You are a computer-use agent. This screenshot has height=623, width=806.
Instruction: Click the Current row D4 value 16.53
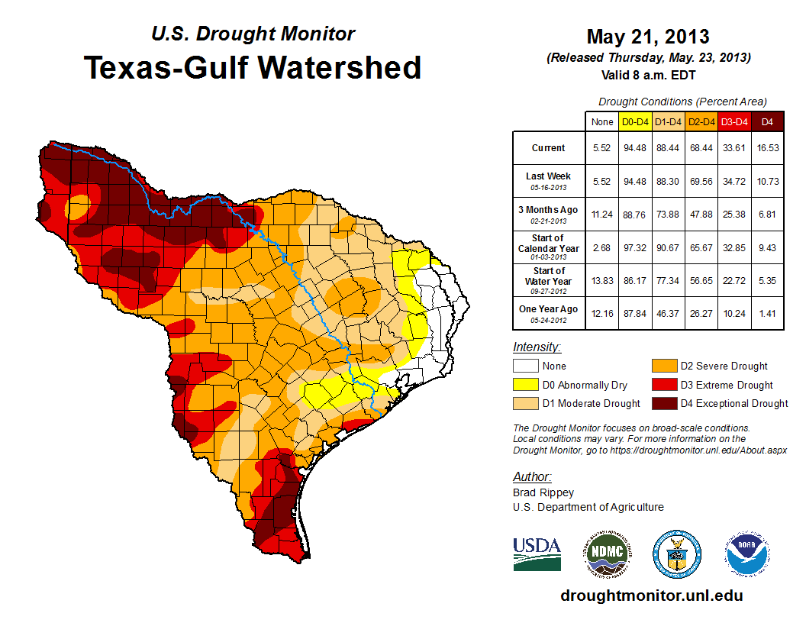(x=768, y=148)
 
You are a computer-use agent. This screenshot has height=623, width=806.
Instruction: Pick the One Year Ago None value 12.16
(x=602, y=313)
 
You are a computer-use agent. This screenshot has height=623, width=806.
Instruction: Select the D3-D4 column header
(x=734, y=121)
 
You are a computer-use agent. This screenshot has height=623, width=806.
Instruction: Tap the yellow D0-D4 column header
(x=635, y=121)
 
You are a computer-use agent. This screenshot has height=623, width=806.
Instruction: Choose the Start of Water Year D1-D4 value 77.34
(x=668, y=280)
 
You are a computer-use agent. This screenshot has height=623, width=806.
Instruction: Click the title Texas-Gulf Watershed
(x=252, y=67)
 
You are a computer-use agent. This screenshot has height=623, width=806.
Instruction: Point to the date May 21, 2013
(x=648, y=37)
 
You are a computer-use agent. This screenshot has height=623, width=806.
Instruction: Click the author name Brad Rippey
(x=543, y=492)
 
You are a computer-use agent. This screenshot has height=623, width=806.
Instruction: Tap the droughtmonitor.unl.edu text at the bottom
(x=651, y=596)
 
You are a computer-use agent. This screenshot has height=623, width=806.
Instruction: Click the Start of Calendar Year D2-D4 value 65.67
(x=701, y=247)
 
